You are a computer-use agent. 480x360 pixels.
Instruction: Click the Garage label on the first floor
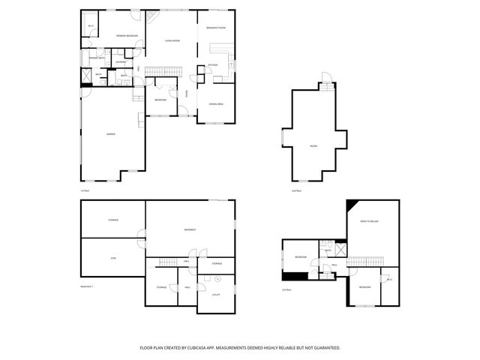click(110, 134)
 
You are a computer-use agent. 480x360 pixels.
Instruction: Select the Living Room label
click(172, 40)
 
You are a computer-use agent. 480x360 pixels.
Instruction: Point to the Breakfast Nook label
click(216, 28)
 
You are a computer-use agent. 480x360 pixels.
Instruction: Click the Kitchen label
click(212, 65)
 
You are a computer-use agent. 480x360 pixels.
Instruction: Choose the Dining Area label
click(216, 104)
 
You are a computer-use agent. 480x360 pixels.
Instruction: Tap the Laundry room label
click(119, 61)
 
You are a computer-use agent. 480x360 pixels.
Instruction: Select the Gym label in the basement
click(113, 257)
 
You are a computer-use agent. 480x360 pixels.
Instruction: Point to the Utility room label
click(215, 295)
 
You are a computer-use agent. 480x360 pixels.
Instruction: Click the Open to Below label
click(369, 222)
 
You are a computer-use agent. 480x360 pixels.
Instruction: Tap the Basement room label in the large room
click(190, 229)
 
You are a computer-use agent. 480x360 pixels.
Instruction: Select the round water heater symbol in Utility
click(217, 279)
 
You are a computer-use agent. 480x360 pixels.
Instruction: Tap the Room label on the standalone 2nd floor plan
click(313, 146)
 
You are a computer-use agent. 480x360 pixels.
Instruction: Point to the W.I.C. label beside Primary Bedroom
click(91, 26)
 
